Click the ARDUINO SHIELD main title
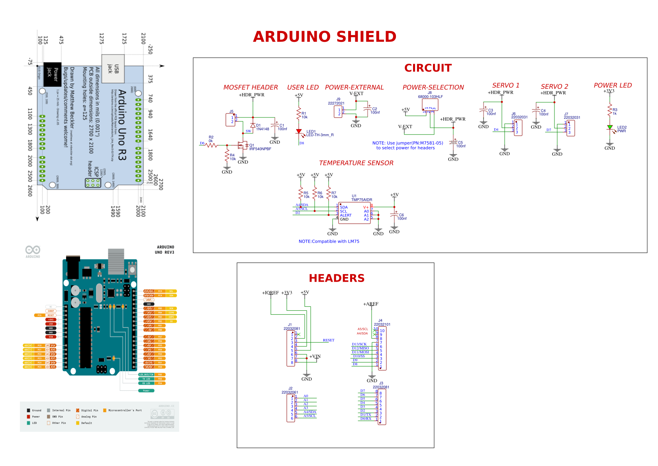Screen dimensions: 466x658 click(325, 37)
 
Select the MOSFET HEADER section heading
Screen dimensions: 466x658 click(251, 87)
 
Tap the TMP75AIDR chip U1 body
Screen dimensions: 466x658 click(354, 213)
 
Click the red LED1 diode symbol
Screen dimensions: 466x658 click(299, 131)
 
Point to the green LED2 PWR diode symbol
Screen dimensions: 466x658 click(609, 127)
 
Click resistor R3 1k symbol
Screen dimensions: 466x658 click(609, 110)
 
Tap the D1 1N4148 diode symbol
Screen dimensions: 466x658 click(253, 125)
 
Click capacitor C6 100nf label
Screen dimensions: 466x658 click(401, 217)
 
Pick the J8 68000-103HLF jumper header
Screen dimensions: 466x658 click(430, 105)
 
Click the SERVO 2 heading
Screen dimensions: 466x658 click(554, 86)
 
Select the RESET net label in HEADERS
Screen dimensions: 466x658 click(329, 340)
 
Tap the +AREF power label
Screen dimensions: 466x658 click(370, 304)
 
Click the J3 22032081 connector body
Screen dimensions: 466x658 click(382, 407)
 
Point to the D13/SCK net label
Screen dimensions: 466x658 click(359, 344)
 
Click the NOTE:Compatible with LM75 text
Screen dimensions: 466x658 click(329, 241)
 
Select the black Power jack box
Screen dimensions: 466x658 click(52, 74)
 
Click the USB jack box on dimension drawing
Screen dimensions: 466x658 click(113, 69)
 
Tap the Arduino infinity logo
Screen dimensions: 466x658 click(33, 250)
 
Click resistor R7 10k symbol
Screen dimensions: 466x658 click(329, 194)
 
